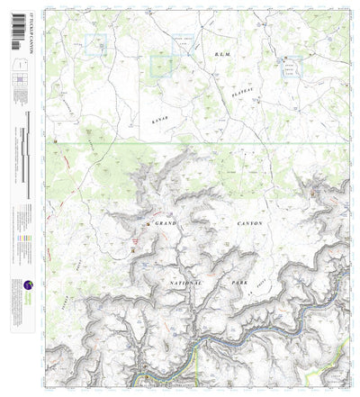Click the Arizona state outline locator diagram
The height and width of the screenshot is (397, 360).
point(19,64)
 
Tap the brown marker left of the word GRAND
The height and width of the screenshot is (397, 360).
point(148,222)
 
